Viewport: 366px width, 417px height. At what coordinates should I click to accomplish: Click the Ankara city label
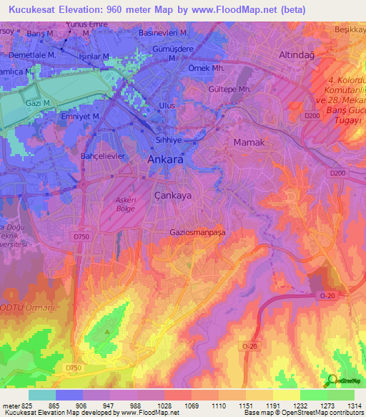165,161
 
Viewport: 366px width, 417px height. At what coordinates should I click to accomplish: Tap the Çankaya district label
173,194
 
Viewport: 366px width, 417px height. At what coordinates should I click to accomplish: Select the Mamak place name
249,143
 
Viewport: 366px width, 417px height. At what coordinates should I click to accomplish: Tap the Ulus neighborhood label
166,105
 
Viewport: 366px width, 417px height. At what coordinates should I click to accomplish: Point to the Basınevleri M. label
164,33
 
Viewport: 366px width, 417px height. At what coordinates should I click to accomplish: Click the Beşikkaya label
350,29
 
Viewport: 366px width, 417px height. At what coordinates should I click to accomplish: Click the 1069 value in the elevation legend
191,406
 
